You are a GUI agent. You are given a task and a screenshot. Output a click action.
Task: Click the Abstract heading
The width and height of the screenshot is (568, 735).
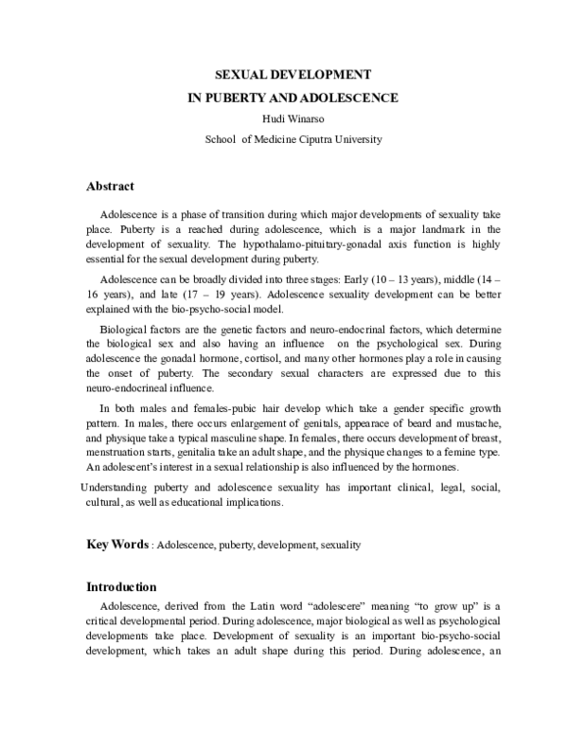[x=110, y=186]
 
